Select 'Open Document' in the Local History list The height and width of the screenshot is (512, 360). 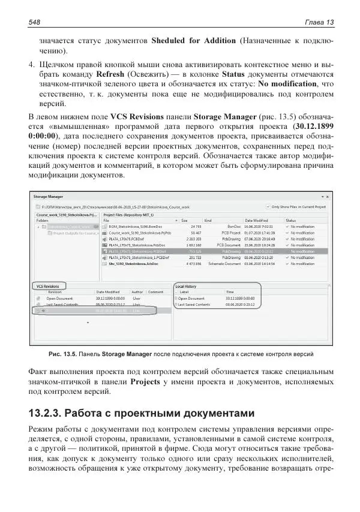(x=192, y=298)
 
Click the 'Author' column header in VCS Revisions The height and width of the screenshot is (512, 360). (x=137, y=292)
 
